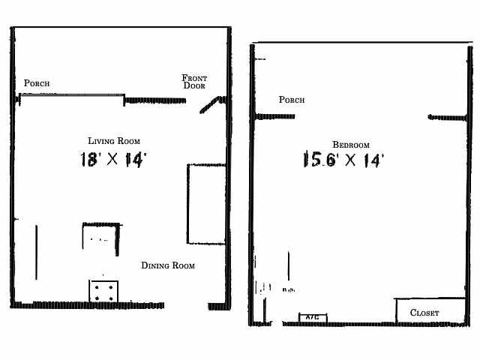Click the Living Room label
(x=114, y=140)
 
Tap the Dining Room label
(x=168, y=265)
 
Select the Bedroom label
(x=351, y=145)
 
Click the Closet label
(x=424, y=313)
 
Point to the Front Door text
(x=195, y=82)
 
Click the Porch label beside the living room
(x=37, y=83)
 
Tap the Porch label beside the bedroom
(x=292, y=100)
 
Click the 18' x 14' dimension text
(x=112, y=159)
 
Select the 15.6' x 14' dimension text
(x=343, y=160)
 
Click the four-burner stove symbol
(x=103, y=291)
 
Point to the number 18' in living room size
(x=90, y=159)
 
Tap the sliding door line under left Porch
(x=72, y=95)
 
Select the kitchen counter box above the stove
(x=101, y=235)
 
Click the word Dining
(x=155, y=265)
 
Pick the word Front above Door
(x=195, y=78)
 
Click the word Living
(x=101, y=140)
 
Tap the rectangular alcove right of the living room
(x=206, y=204)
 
